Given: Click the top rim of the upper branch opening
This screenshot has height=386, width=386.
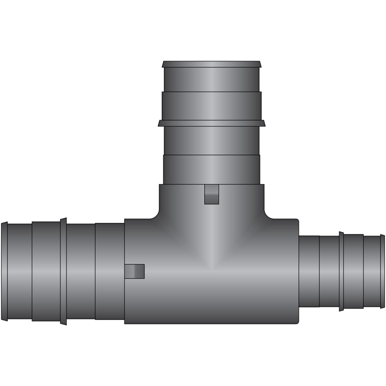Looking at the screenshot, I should pos(212,64).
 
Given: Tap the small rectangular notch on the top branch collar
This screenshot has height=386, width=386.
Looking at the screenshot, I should pos(212,194).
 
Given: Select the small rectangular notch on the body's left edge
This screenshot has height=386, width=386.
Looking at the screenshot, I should pos(134,271).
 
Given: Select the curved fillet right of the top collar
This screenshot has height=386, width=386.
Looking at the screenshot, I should pos(270,214).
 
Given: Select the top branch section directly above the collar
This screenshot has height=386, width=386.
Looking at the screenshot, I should pos(212,170).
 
